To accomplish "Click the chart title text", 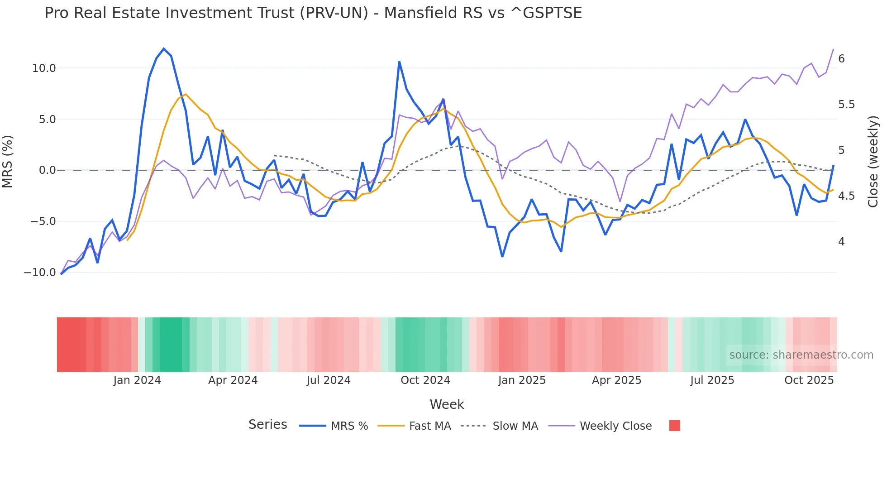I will (313, 13).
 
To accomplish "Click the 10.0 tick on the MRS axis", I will (43, 68).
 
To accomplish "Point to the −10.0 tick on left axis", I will (40, 273).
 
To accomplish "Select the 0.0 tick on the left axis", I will (47, 170).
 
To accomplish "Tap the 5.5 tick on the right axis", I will (846, 105).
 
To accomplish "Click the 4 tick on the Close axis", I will (841, 242).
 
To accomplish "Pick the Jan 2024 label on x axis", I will (137, 380).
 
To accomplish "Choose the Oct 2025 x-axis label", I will (809, 380).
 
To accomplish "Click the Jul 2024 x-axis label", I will (329, 380).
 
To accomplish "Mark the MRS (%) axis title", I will (8, 162).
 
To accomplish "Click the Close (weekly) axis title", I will (873, 162).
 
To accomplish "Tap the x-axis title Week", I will (447, 404).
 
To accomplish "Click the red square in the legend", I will (674, 426).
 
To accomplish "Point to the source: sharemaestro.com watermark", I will (801, 355).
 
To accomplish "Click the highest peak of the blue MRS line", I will (164, 48).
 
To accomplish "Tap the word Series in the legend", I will (267, 425).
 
